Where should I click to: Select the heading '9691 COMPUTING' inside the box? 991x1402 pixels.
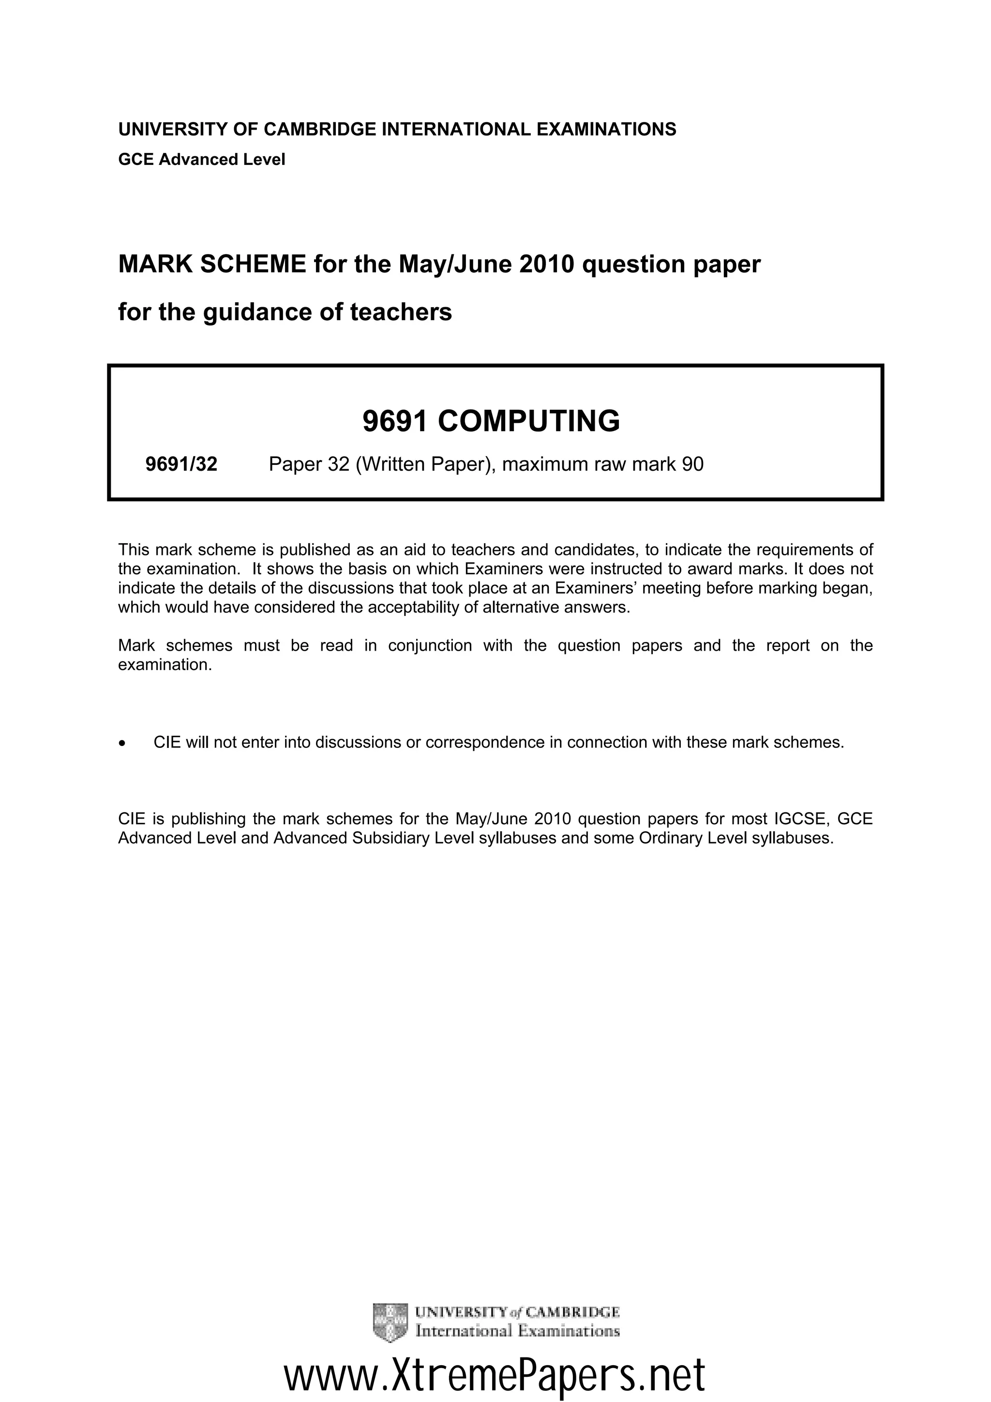491,421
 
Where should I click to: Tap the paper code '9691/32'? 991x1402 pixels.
181,465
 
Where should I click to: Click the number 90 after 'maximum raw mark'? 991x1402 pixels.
693,465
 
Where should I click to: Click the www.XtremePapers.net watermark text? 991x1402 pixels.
495,1374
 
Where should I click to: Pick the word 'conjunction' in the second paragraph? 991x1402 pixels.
430,645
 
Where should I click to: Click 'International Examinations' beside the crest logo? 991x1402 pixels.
517,1331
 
